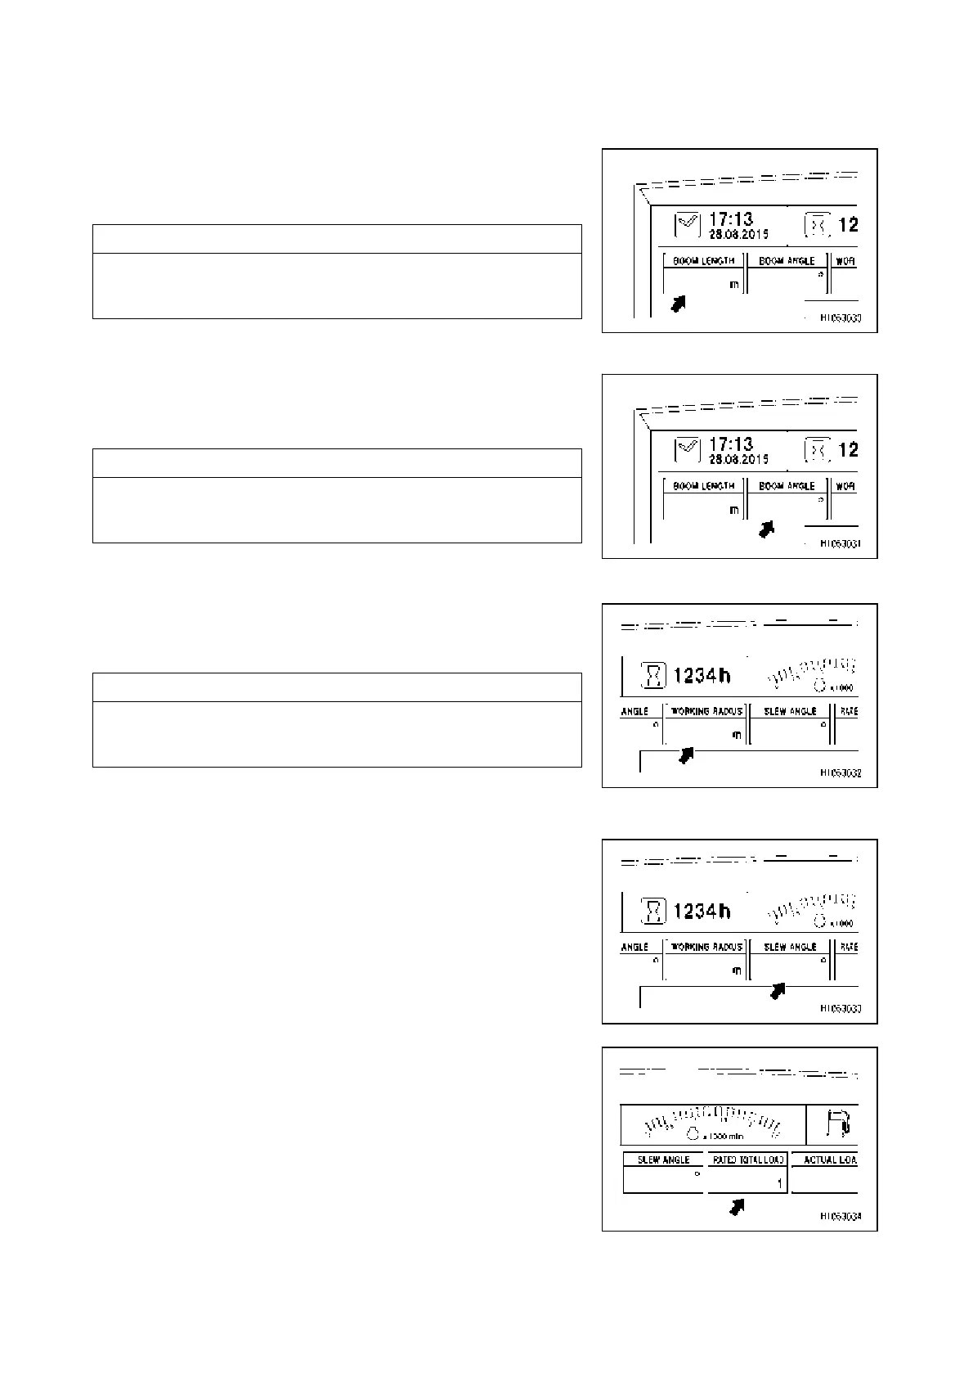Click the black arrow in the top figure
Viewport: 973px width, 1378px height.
point(678,304)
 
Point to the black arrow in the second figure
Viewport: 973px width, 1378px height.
point(766,529)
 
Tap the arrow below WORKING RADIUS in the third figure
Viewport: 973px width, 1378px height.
point(686,756)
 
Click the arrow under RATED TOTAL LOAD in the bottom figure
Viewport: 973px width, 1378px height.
point(738,1206)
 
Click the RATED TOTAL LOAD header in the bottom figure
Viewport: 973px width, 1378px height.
point(748,1160)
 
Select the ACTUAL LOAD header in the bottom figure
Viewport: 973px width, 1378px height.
point(829,1160)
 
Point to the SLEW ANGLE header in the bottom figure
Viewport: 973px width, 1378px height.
point(663,1160)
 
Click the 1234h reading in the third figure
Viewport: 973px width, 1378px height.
point(702,676)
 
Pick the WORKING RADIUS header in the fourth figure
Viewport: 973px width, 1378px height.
point(706,947)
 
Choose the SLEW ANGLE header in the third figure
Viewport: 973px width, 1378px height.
point(790,711)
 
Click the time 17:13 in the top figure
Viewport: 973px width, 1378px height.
point(730,219)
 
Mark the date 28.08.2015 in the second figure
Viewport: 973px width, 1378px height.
point(738,459)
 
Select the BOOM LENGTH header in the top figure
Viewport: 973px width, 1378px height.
point(703,260)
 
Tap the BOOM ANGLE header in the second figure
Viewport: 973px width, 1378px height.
point(787,485)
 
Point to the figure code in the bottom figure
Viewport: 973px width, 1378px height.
point(841,1217)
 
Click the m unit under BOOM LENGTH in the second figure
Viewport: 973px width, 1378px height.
point(733,510)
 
